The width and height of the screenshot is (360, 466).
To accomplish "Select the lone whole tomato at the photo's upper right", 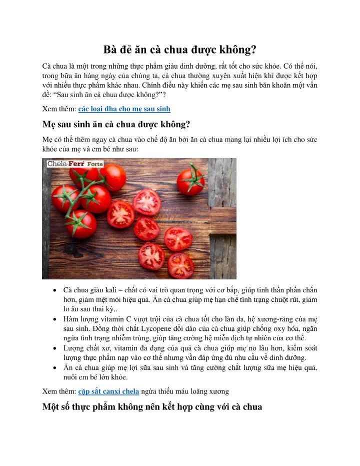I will pyautogui.click(x=190, y=179).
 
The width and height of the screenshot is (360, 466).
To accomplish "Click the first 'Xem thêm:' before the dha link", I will pyautogui.click(x=59, y=108).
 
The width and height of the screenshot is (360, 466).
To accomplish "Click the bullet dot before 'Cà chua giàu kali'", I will pyautogui.click(x=53, y=290).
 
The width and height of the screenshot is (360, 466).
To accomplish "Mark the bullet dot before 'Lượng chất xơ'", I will pyautogui.click(x=53, y=348).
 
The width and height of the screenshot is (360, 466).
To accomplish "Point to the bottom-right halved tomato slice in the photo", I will pyautogui.click(x=180, y=264).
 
